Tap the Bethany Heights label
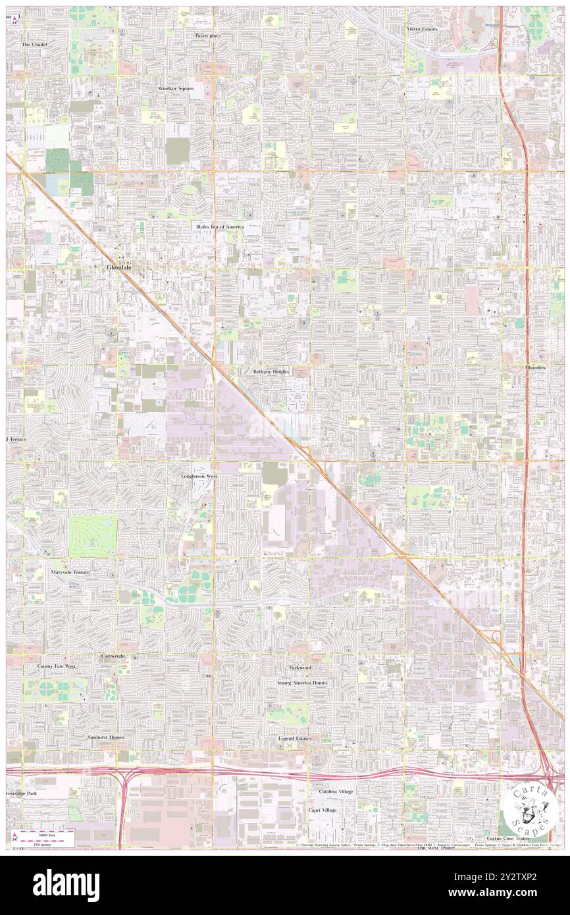pyautogui.click(x=271, y=371)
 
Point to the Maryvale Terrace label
pyautogui.click(x=70, y=573)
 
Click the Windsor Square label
pyautogui.click(x=175, y=88)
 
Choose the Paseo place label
pyautogui.click(x=207, y=35)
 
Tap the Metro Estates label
pyautogui.click(x=422, y=30)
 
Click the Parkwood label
pyautogui.click(x=299, y=667)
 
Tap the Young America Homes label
pyautogui.click(x=301, y=683)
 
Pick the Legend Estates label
pyautogui.click(x=294, y=739)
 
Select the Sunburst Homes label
pyautogui.click(x=105, y=737)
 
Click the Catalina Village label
pyautogui.click(x=336, y=791)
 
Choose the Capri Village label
pyautogui.click(x=328, y=810)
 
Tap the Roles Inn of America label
pyautogui.click(x=220, y=226)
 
